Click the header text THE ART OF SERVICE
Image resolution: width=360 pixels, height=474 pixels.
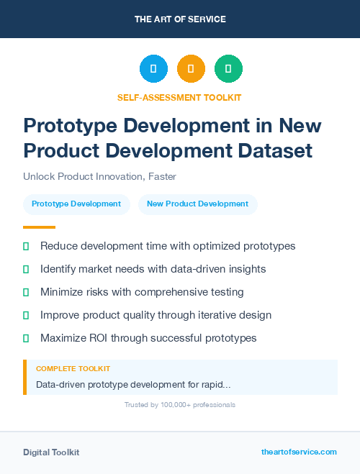pyautogui.click(x=180, y=19)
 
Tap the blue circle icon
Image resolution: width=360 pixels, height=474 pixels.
pyautogui.click(x=153, y=68)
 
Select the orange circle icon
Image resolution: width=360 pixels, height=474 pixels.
pyautogui.click(x=191, y=68)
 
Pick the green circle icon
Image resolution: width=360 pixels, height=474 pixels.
pyautogui.click(x=228, y=68)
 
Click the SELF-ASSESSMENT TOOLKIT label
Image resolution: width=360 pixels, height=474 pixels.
pyautogui.click(x=179, y=97)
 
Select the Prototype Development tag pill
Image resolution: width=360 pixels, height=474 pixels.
pyautogui.click(x=76, y=204)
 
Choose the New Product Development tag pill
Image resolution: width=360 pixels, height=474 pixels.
pyautogui.click(x=197, y=204)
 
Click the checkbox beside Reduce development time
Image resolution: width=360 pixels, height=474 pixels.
pyautogui.click(x=26, y=246)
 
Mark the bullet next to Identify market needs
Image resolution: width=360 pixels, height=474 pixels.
pyautogui.click(x=26, y=269)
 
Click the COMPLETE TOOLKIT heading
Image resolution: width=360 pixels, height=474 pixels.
pyautogui.click(x=73, y=369)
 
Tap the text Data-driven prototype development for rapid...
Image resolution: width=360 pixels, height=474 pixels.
pyautogui.click(x=132, y=385)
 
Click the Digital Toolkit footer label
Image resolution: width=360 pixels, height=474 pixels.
pyautogui.click(x=51, y=452)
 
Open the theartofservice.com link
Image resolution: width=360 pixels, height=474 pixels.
pyautogui.click(x=299, y=452)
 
